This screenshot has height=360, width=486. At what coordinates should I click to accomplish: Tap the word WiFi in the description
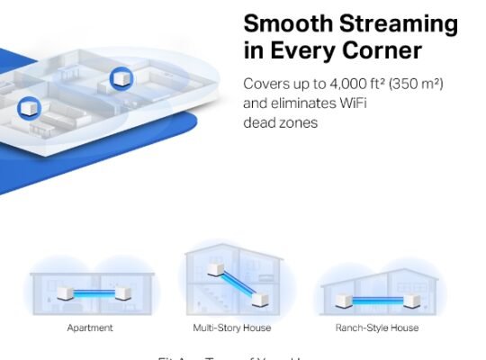[346, 103]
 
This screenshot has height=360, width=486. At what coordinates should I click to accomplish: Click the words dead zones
[280, 122]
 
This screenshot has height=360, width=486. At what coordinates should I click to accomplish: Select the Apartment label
[90, 328]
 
